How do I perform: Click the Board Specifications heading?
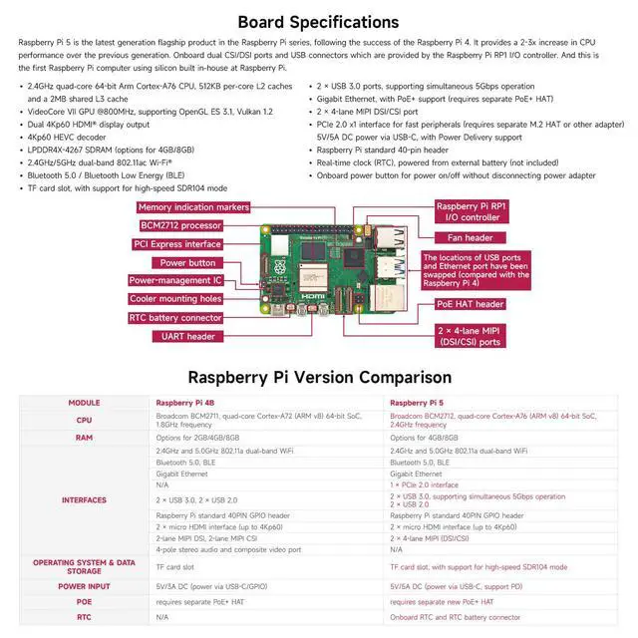319,21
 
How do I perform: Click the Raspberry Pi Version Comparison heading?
319,377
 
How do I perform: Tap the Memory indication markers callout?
193,207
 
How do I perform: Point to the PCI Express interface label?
177,244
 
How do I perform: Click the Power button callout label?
188,263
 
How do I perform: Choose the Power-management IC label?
175,281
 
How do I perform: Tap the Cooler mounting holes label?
175,299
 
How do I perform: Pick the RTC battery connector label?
174,318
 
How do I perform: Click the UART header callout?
187,337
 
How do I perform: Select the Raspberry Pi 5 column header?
416,403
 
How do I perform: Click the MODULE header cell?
84,403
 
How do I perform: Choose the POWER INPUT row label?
84,587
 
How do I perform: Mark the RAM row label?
84,437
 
